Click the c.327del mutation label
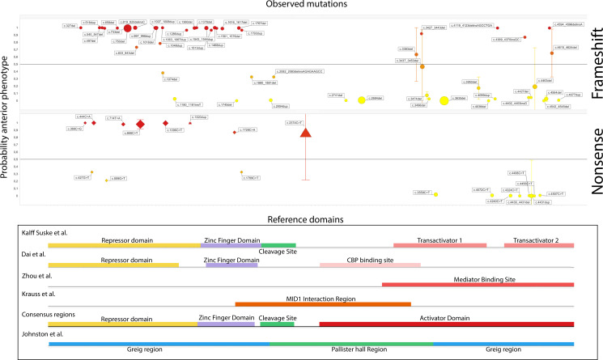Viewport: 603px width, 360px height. (70, 26)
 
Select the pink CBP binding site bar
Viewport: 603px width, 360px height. (370, 265)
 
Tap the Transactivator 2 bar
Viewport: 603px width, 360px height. (538, 244)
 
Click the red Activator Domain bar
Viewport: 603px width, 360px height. (447, 324)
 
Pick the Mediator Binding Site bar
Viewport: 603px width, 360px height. (478, 284)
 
